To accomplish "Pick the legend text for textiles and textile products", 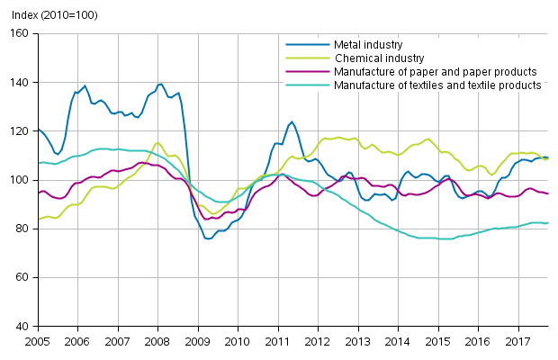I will (x=437, y=85).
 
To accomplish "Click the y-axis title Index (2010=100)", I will (x=50, y=15).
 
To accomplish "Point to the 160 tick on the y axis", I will (x=20, y=33).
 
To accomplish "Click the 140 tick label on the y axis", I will (x=20, y=83).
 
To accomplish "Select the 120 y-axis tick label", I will (x=20, y=131).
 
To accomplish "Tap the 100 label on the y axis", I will (x=20, y=180).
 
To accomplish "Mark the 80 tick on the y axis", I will (x=22, y=229).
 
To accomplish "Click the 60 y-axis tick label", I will (x=22, y=277).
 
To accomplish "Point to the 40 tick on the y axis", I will (x=22, y=326).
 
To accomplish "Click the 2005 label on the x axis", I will (x=37, y=342).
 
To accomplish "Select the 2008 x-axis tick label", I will (x=158, y=342).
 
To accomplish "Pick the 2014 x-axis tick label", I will (x=397, y=342).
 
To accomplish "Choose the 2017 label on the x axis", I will (x=518, y=342).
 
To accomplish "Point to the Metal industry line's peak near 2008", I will (x=160, y=85).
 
